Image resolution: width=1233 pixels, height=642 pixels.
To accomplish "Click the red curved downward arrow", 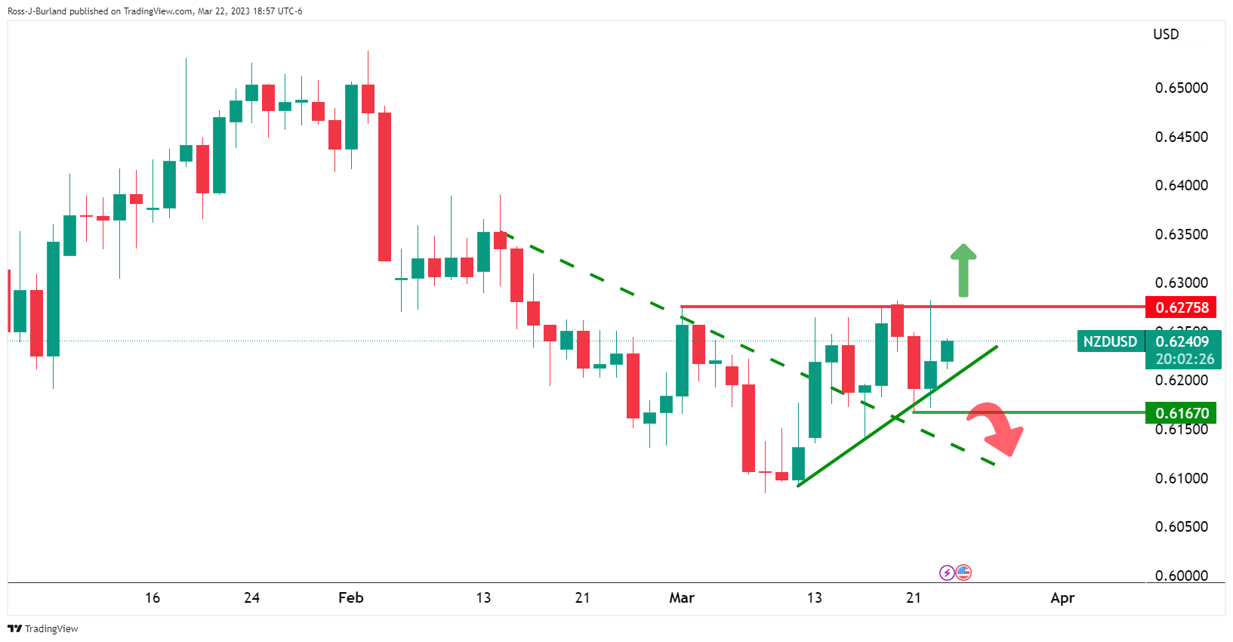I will click(x=999, y=428).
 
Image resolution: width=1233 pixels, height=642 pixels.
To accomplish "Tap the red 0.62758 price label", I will click(x=1182, y=307).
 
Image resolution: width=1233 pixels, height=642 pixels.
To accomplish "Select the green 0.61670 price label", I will click(x=1182, y=413).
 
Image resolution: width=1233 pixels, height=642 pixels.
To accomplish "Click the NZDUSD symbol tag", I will click(x=1110, y=341).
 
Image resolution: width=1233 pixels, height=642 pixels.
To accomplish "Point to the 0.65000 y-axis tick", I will click(x=1181, y=88).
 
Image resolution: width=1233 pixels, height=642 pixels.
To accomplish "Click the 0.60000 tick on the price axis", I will click(x=1181, y=576).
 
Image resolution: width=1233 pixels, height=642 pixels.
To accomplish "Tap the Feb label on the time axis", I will click(x=351, y=598).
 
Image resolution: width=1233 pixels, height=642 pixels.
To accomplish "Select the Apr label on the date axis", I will click(x=1062, y=598).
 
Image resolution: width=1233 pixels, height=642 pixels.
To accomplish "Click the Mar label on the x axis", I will click(x=682, y=598).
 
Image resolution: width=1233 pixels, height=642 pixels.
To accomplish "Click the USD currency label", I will click(x=1166, y=35).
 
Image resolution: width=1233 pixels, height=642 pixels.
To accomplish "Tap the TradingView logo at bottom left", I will click(x=43, y=628).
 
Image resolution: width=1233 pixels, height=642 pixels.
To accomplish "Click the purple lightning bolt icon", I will click(x=947, y=573).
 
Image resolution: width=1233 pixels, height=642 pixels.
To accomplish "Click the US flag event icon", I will click(x=963, y=573).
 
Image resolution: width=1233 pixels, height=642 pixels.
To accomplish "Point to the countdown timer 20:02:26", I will click(x=1185, y=360).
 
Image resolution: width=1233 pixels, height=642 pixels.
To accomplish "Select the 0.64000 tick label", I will click(x=1181, y=186).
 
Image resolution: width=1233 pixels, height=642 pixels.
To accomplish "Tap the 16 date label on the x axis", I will click(x=153, y=598).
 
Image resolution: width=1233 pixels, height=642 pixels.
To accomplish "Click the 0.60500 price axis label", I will click(x=1181, y=527).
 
